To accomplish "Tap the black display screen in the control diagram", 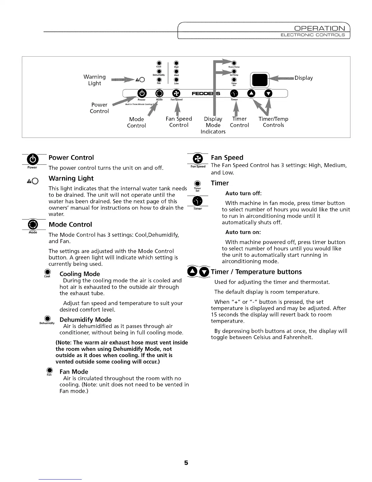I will point(259,80).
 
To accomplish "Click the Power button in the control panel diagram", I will point(142,93).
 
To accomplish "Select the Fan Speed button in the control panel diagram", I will point(176,93).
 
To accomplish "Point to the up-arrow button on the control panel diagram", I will point(251,93).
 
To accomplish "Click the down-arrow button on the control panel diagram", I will point(268,93).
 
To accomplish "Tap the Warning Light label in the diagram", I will point(95,80).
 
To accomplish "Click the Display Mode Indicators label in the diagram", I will point(213,125).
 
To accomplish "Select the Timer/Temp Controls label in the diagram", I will point(273,122).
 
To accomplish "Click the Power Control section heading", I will point(71,158).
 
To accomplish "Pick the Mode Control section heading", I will point(70,225).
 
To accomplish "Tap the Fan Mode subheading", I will point(74,372).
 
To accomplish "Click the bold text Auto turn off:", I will point(243,194).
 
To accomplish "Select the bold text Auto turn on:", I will point(243,232).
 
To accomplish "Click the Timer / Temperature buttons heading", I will point(256,272).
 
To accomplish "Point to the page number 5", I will point(186,463).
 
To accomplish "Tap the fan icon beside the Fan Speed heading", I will point(198,159).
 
